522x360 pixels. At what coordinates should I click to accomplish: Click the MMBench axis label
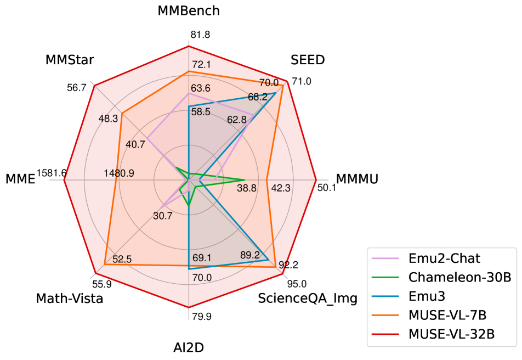189,11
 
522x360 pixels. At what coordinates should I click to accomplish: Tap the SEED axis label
308,60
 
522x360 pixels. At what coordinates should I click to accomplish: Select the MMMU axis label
357,179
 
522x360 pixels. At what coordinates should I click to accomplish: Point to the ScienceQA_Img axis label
308,298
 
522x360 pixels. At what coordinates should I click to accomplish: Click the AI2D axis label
189,347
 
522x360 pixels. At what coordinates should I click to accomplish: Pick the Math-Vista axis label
70,298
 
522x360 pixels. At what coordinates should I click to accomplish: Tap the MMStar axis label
70,60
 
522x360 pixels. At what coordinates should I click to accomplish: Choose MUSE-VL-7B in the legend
445,315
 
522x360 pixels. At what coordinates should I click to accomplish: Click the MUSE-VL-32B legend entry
449,334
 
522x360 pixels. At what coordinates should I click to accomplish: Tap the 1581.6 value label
52,173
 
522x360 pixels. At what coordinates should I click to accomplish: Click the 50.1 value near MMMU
327,188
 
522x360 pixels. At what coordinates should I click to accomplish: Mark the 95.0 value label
297,284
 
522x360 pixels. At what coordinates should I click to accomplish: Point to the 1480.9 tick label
119,173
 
